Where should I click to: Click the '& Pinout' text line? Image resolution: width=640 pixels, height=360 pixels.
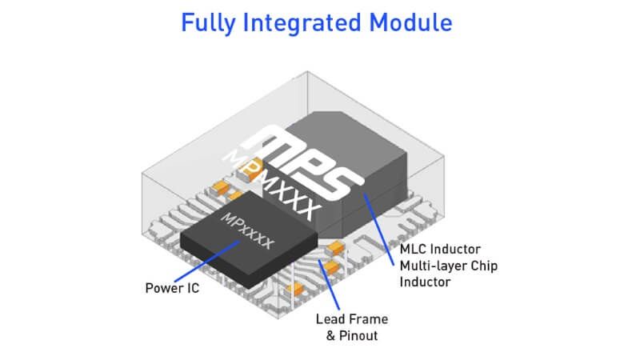tap(346, 335)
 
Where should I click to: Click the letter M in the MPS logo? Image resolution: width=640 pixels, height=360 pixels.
tap(268, 144)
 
